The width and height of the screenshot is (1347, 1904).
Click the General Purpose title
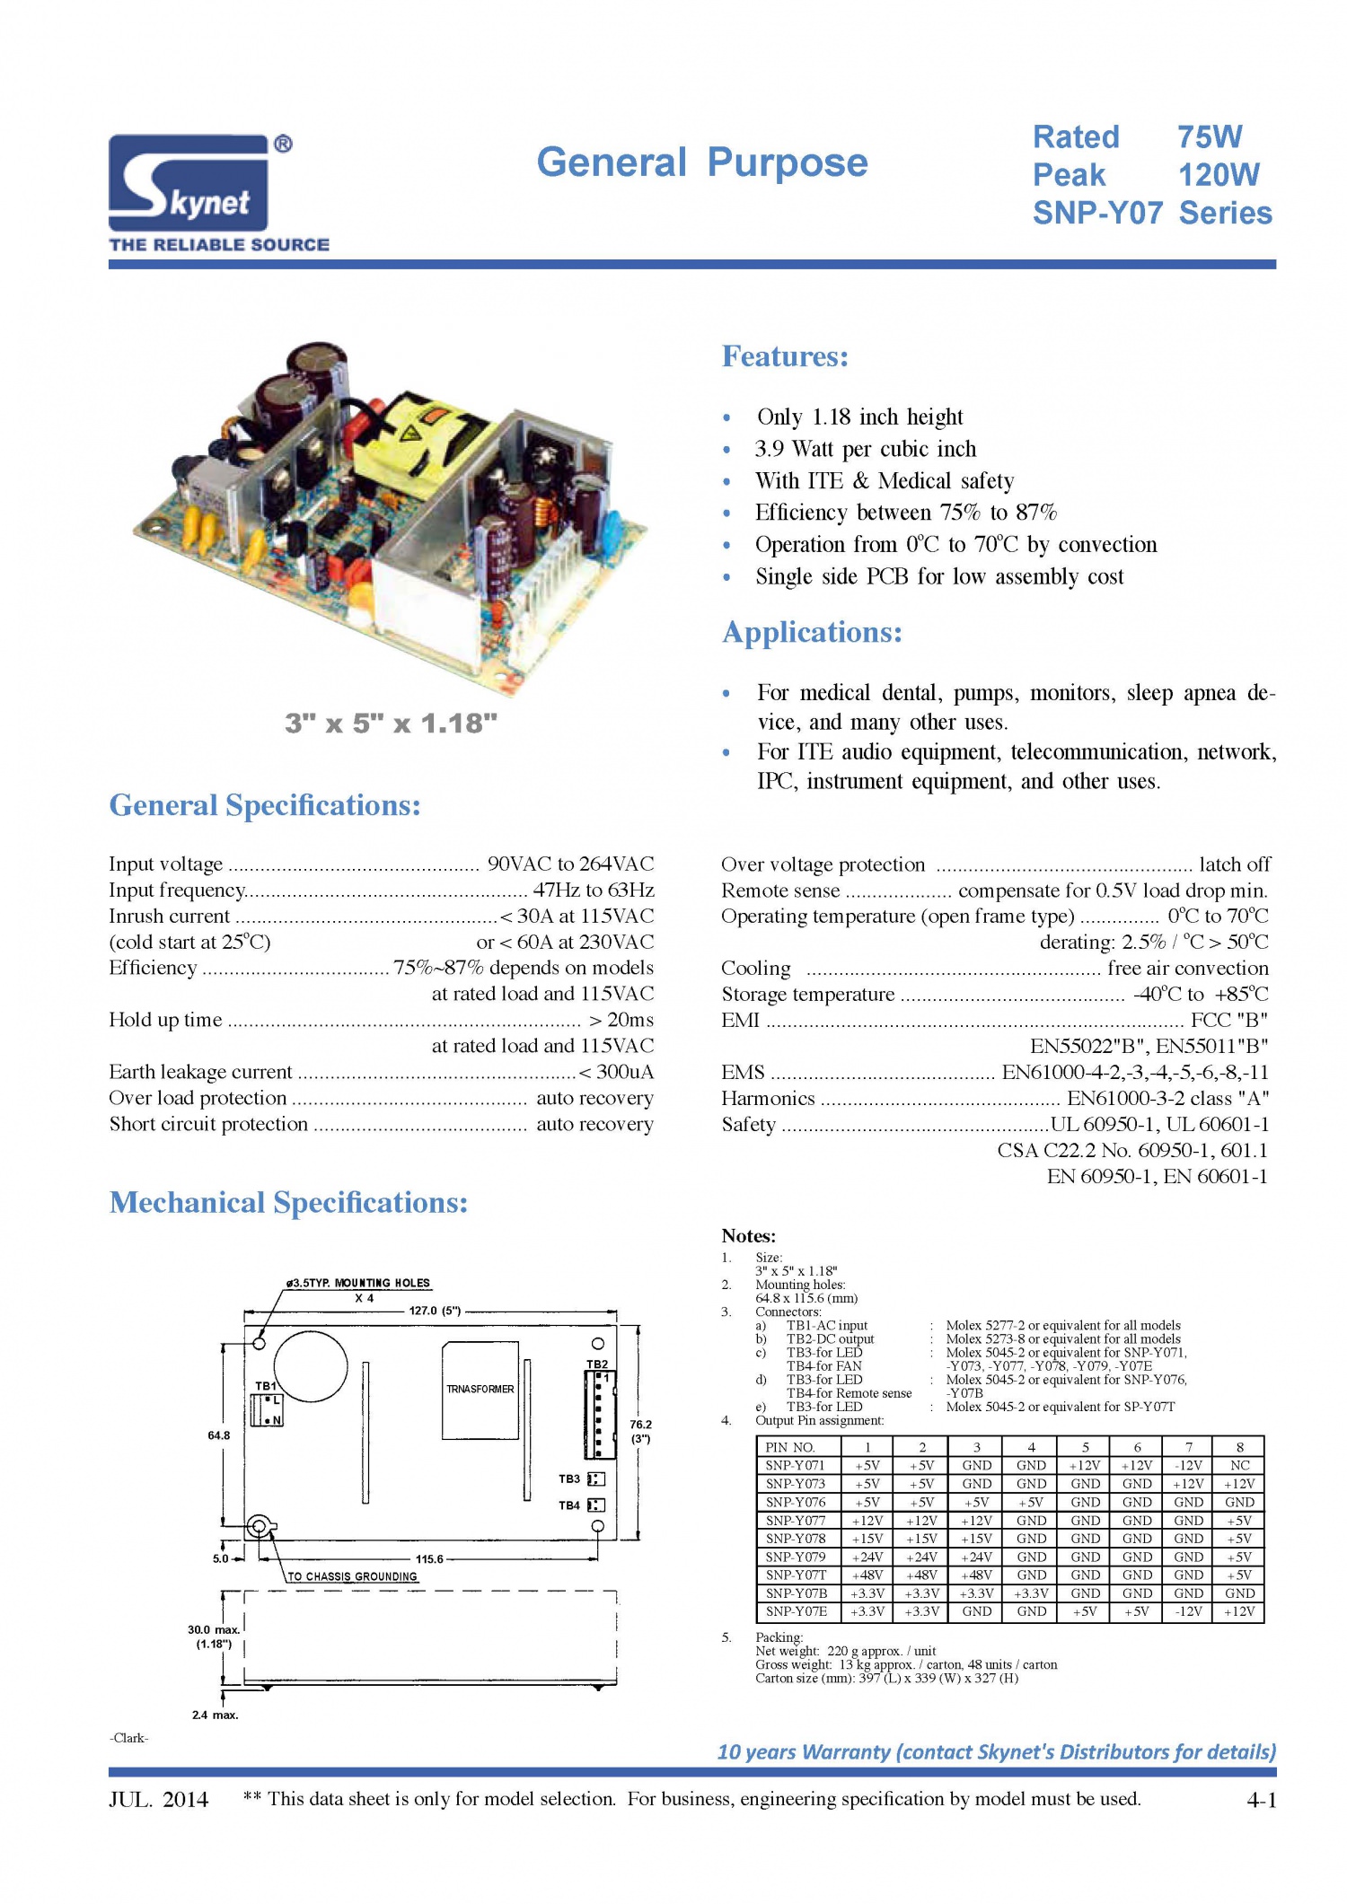[x=701, y=162]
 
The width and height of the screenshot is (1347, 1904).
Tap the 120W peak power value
[x=1218, y=175]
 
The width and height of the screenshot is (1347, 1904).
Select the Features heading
[x=785, y=356]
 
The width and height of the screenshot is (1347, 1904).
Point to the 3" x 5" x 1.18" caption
[x=391, y=724]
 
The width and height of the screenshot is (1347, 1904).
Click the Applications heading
[x=812, y=632]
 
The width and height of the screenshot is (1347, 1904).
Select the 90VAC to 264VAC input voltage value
[x=570, y=864]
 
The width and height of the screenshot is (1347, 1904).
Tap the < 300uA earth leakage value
[x=616, y=1072]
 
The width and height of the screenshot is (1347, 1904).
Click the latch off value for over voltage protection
[x=1235, y=864]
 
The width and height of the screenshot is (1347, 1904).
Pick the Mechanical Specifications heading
[x=288, y=1203]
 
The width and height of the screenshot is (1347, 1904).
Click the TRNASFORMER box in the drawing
[x=480, y=1390]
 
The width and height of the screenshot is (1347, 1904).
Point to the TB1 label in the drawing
[x=266, y=1386]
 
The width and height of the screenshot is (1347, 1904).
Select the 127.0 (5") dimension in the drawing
[x=435, y=1311]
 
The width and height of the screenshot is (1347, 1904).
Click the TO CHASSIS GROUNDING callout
[x=352, y=1576]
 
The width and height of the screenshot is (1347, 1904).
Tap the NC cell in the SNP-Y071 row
[x=1239, y=1466]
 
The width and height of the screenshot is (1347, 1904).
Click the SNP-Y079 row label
[x=796, y=1557]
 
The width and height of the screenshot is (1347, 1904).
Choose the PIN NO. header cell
[x=790, y=1447]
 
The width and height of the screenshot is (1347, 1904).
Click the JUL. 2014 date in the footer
[x=159, y=1799]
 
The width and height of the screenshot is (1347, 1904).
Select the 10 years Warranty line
[x=996, y=1751]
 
